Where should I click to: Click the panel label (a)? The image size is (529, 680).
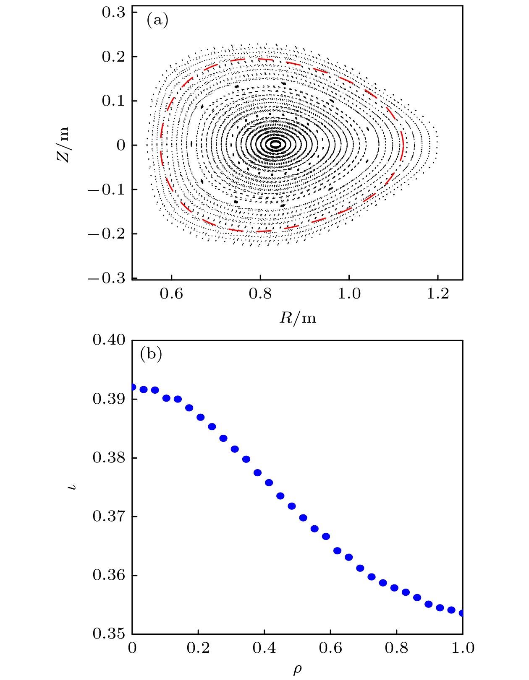157,20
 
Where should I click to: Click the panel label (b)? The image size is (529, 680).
151,354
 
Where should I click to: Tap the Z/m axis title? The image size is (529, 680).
63,145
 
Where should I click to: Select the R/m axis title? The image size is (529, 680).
298,318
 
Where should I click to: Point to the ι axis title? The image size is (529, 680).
74,487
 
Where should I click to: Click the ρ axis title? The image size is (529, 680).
297,670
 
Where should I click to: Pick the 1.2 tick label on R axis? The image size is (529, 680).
437,294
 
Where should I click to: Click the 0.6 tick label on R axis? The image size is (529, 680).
171,294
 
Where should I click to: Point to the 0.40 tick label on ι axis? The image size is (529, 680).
109,340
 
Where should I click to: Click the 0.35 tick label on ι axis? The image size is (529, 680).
109,633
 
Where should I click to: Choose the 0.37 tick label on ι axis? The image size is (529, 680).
109,516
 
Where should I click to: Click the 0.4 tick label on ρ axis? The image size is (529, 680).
264,648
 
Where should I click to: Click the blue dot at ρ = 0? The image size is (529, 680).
133,387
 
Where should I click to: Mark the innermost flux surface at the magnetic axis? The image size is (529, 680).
275,145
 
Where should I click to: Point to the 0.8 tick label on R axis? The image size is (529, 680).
260,294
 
